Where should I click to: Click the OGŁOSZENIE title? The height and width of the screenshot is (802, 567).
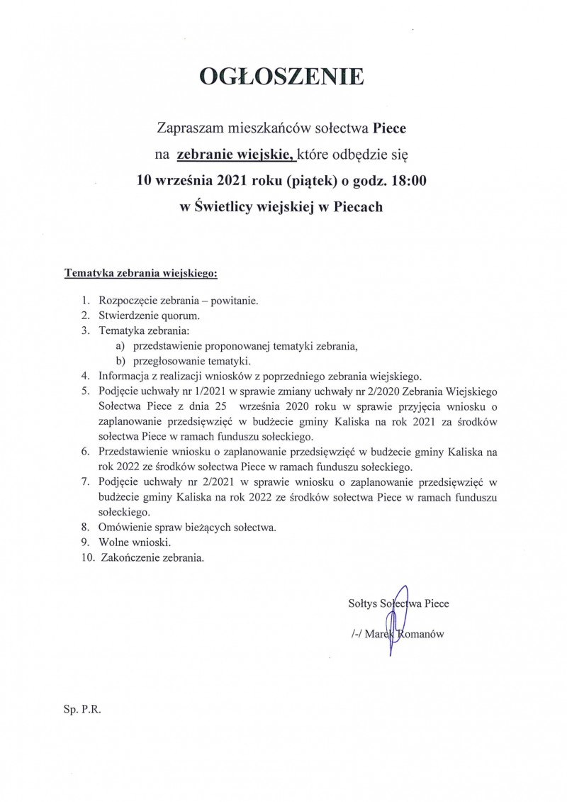[x=283, y=79]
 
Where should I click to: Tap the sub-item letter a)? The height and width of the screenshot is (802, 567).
[x=120, y=345]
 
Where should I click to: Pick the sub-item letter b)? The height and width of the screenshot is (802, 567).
[x=120, y=360]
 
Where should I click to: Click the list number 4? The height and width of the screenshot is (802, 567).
[x=85, y=376]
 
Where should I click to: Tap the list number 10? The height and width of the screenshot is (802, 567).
[x=87, y=558]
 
